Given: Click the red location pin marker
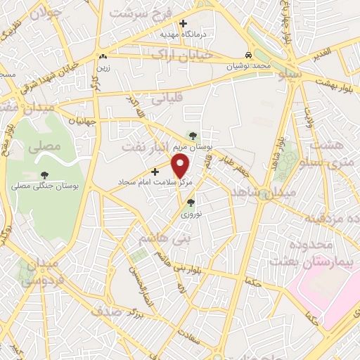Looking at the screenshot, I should (x=181, y=166).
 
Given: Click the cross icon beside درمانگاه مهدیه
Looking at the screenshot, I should (x=183, y=23).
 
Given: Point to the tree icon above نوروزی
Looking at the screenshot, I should (x=190, y=202).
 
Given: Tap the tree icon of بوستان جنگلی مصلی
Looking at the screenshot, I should (x=45, y=175).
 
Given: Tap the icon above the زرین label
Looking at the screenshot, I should (x=103, y=56).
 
